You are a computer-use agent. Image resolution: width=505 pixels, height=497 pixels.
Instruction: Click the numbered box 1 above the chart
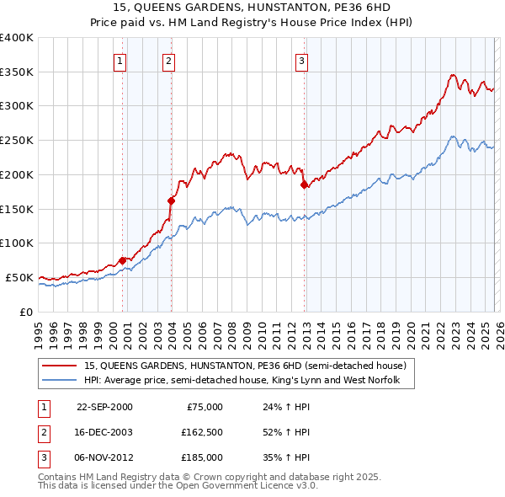[x=120, y=60]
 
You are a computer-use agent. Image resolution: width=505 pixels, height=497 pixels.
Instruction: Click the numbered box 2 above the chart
[x=168, y=60]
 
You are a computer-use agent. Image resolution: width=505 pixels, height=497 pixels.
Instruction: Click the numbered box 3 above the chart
[x=301, y=60]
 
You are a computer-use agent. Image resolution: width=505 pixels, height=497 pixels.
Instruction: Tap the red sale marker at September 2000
[x=123, y=260]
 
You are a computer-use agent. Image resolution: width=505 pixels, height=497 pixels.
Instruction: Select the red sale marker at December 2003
[x=171, y=200]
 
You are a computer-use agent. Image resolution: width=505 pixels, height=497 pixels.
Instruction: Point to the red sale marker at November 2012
[x=304, y=185]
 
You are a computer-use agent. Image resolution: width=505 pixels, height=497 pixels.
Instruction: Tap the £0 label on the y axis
[x=25, y=312]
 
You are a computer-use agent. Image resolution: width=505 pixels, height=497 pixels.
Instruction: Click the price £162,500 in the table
[x=202, y=432]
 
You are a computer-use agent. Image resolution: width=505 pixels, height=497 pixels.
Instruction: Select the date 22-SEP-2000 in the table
[x=104, y=407]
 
